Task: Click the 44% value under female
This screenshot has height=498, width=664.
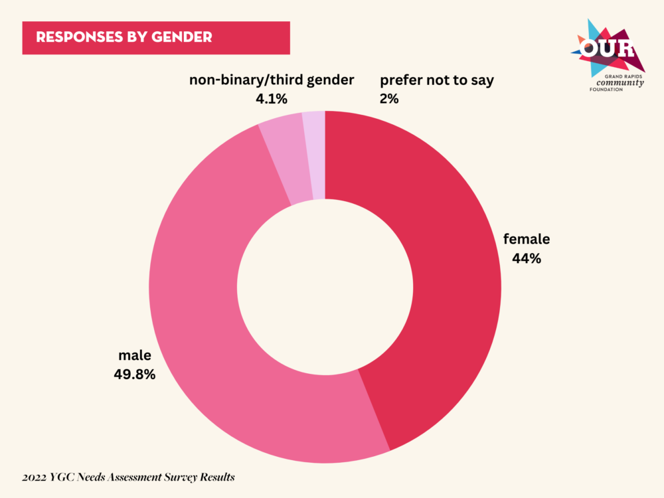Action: pyautogui.click(x=527, y=259)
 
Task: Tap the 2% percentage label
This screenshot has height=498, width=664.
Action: pyautogui.click(x=389, y=100)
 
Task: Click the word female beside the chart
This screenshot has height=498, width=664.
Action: pyautogui.click(x=527, y=239)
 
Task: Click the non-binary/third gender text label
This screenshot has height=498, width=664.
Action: pyautogui.click(x=272, y=80)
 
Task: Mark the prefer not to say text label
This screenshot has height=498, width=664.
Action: pyautogui.click(x=437, y=80)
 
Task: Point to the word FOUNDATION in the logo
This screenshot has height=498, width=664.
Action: pyautogui.click(x=606, y=90)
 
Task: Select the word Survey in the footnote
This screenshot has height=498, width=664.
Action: pyautogui.click(x=171, y=477)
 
